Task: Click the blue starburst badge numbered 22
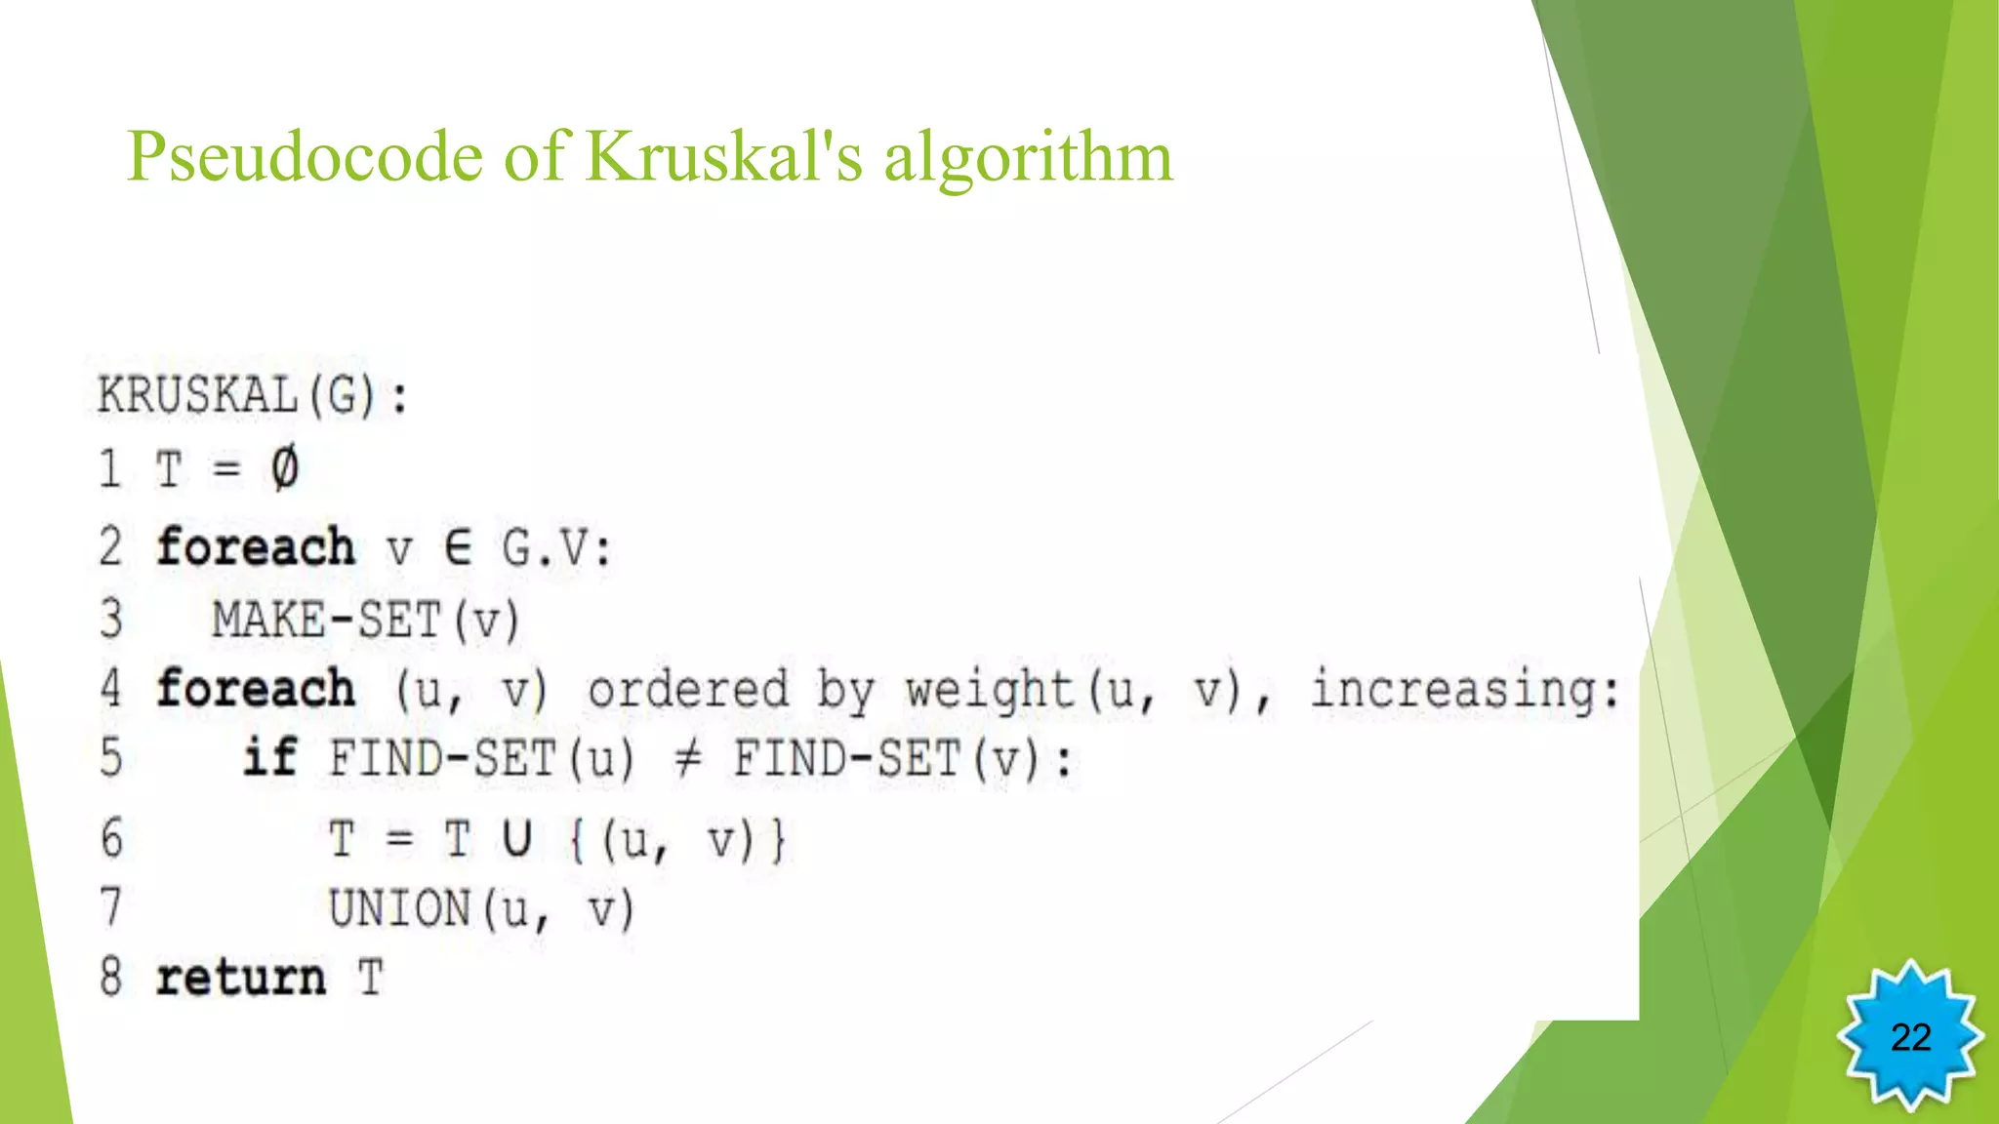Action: click(1910, 1036)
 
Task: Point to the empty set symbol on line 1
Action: click(284, 468)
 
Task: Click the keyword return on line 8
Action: click(240, 978)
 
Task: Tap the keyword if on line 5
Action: click(269, 758)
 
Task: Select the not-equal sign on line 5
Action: click(687, 759)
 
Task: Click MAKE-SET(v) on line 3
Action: click(366, 621)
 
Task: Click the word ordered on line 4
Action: click(688, 690)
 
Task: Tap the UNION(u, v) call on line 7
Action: click(481, 909)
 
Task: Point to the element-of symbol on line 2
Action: click(458, 547)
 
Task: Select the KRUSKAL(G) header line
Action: click(252, 396)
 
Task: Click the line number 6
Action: click(111, 839)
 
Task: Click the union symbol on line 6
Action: click(517, 839)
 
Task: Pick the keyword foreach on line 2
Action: click(256, 547)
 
